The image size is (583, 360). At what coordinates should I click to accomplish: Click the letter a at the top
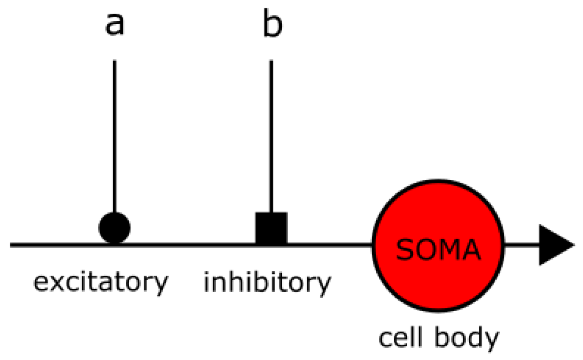pos(114,26)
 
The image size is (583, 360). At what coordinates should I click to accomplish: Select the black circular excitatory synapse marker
pos(114,228)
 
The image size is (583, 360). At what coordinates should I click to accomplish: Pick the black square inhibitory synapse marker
pos(271,228)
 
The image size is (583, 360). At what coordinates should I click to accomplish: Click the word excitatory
pos(101,283)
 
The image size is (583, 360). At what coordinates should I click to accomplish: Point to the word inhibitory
pos(267,283)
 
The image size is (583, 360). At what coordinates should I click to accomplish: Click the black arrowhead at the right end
pos(555,245)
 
